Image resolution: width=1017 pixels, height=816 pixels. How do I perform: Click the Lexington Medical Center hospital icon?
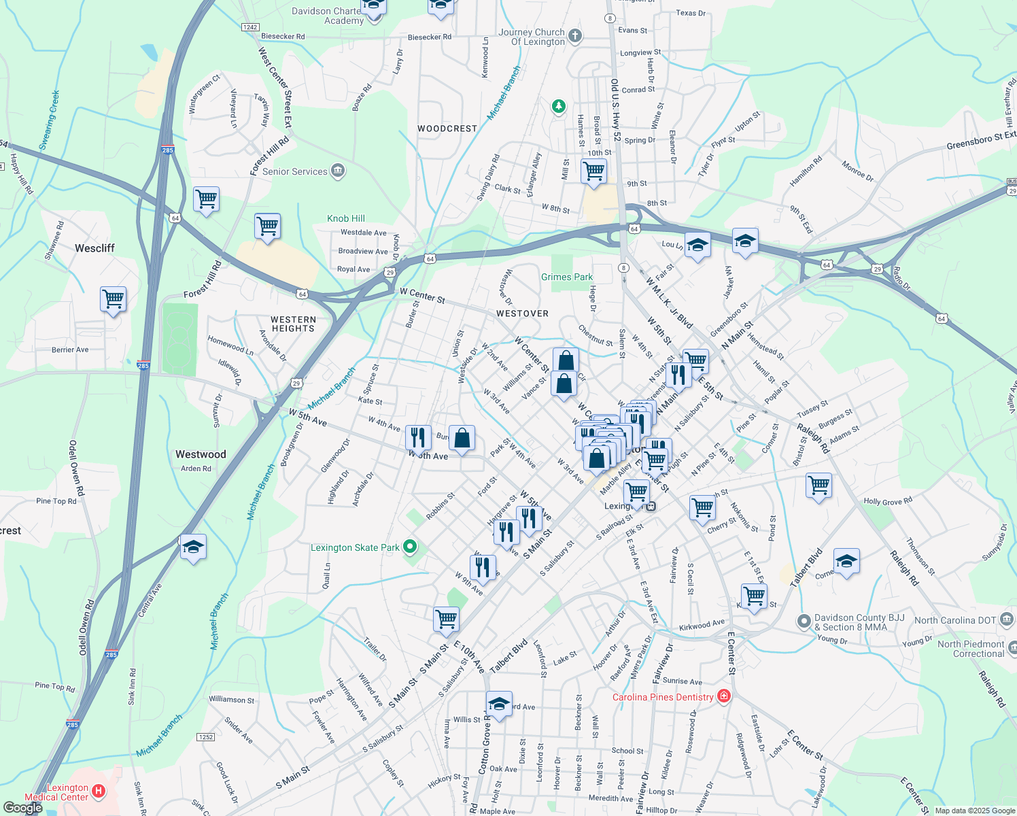click(99, 790)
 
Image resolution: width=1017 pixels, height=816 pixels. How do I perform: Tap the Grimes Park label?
click(567, 277)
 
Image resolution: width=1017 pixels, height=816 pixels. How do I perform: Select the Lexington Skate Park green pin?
click(409, 547)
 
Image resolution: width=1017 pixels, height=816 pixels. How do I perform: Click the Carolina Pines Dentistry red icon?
click(723, 696)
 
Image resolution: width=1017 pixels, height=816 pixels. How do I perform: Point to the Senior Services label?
click(295, 171)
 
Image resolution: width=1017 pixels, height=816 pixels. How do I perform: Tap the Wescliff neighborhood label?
click(94, 248)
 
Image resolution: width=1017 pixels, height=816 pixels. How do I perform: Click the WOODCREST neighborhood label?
click(447, 129)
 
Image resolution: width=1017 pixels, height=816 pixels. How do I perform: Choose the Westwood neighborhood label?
click(201, 454)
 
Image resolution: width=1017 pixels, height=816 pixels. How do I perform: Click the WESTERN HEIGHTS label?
click(293, 324)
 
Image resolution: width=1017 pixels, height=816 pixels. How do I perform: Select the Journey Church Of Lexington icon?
click(575, 35)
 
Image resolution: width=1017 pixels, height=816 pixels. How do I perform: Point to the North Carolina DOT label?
click(955, 620)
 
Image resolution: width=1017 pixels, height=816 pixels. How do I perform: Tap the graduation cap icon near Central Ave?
click(193, 547)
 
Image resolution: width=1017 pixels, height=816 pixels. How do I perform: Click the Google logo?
click(22, 808)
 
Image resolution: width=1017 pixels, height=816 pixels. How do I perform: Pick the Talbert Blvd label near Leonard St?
click(508, 656)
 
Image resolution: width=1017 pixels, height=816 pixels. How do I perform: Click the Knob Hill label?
click(346, 218)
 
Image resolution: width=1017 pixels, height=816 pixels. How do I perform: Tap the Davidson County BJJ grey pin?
click(804, 622)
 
